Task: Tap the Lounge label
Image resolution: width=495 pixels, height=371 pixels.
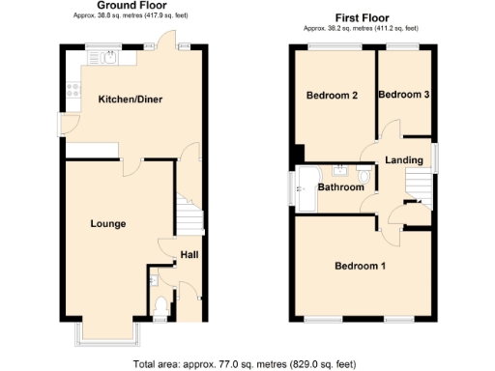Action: (108, 223)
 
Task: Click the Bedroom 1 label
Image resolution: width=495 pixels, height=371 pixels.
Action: (360, 266)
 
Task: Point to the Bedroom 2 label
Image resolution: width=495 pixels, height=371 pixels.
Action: (333, 96)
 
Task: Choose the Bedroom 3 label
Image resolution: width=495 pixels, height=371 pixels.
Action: (403, 95)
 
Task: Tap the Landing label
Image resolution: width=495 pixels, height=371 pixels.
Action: (403, 159)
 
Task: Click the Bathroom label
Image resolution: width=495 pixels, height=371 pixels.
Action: (341, 187)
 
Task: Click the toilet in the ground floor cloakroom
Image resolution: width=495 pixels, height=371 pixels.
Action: (160, 308)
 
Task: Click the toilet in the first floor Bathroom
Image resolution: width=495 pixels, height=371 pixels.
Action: (363, 176)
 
